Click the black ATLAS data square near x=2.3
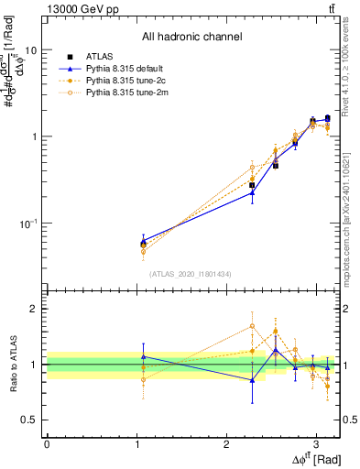252,185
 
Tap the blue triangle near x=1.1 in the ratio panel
143,356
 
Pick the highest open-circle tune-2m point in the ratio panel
252,326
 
